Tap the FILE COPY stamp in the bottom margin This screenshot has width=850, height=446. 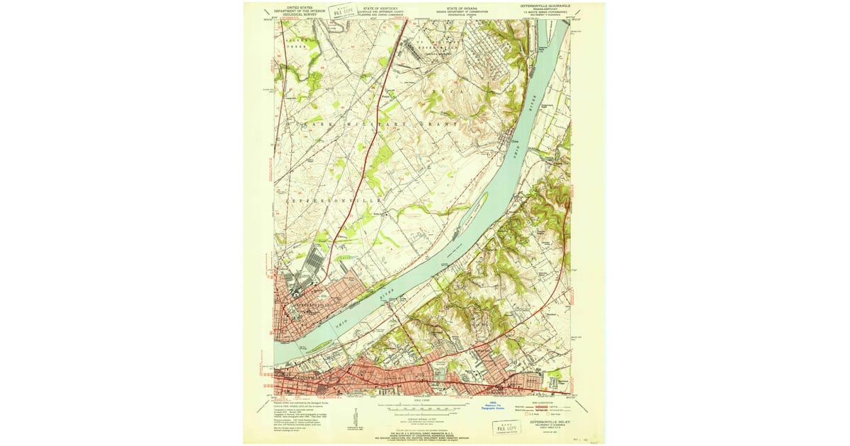coord(505,428)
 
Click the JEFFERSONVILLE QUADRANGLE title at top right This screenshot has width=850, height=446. coord(544,6)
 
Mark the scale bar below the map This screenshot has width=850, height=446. coord(428,407)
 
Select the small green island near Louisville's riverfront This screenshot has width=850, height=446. coord(317,345)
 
